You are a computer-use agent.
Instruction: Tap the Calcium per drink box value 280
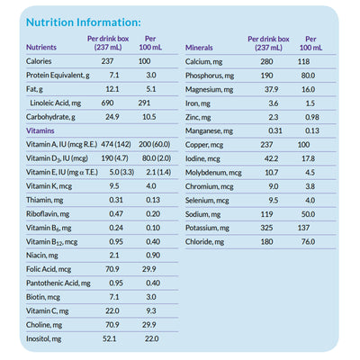(x=266, y=60)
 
